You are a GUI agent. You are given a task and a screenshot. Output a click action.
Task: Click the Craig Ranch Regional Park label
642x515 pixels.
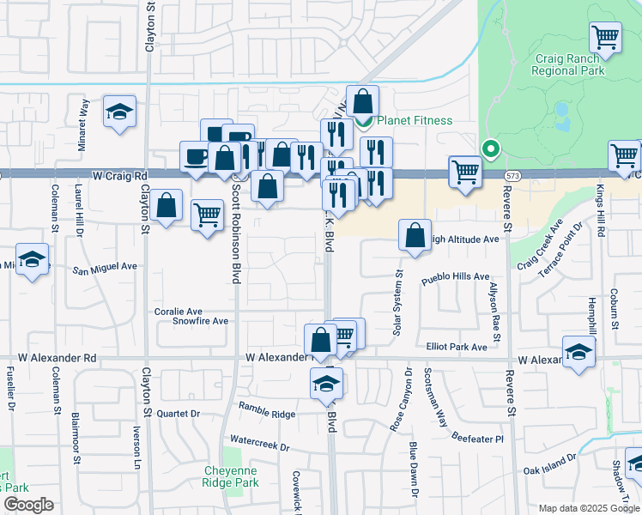click(570, 64)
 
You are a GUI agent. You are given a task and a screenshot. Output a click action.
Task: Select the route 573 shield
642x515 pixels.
click(512, 175)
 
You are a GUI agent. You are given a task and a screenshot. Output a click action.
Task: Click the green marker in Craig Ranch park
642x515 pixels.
click(490, 149)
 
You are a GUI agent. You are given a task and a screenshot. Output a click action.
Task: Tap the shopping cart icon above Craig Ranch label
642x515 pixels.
click(606, 37)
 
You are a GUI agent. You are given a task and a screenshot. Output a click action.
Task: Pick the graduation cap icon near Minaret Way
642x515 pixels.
click(120, 112)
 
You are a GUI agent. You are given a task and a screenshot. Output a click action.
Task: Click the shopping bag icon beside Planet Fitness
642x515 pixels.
click(362, 100)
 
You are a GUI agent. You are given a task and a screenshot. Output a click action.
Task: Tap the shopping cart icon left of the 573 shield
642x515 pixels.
click(464, 171)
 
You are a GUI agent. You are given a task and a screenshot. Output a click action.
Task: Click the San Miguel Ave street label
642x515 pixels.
click(104, 268)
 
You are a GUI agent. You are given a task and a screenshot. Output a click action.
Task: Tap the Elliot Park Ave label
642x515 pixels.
click(457, 347)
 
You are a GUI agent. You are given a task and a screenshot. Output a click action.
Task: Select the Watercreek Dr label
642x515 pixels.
click(260, 448)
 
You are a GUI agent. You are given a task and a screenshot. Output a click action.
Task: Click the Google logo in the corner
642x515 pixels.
click(28, 505)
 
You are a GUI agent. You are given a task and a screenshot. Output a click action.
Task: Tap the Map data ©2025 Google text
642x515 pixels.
click(589, 508)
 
